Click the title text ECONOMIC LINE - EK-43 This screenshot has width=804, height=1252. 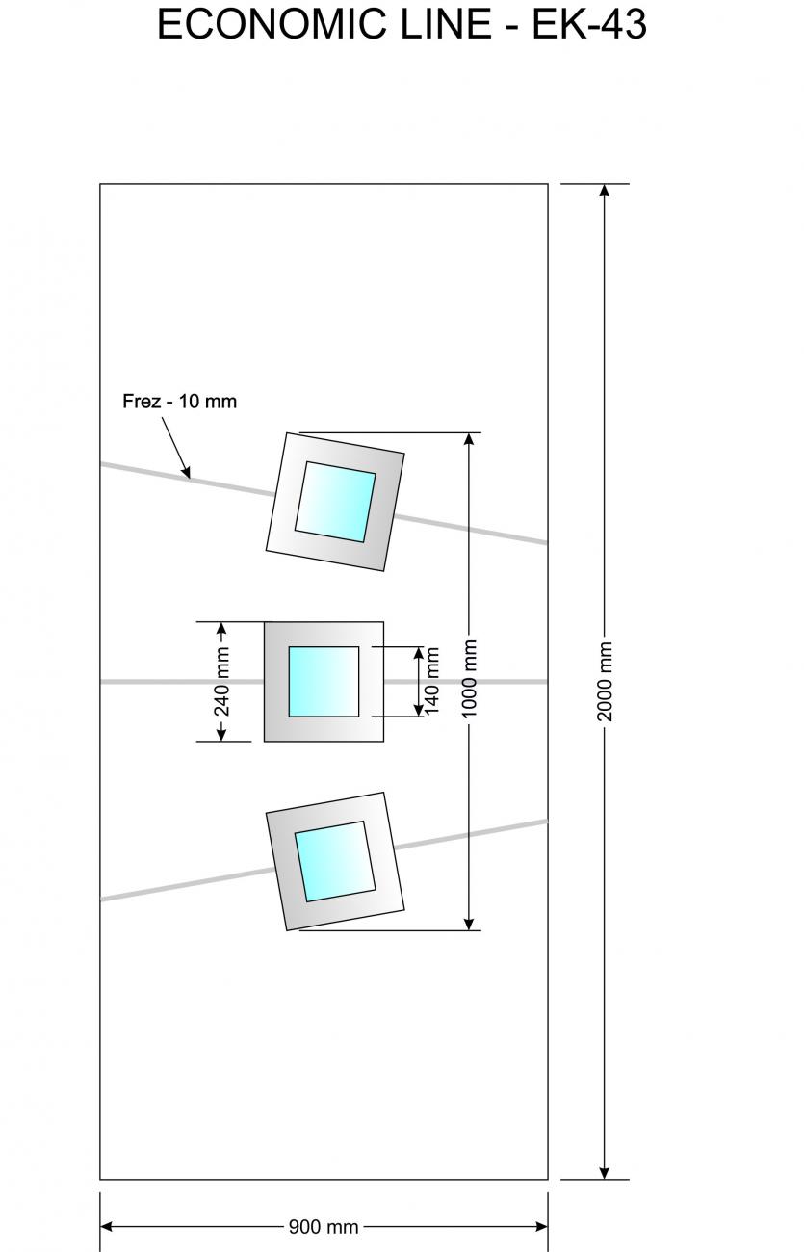(402, 25)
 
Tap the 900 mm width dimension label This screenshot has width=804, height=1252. (324, 1227)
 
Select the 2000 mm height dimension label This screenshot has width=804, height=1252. (605, 681)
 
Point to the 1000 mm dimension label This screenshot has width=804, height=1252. (470, 678)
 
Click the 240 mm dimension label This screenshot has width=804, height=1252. (222, 682)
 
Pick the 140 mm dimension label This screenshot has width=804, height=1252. (432, 681)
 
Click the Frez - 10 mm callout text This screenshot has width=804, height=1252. (179, 401)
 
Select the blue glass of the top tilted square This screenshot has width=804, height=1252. (334, 502)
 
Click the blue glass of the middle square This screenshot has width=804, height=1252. (324, 681)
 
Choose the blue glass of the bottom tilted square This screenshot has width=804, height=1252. (334, 861)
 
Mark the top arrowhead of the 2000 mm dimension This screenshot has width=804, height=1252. (605, 190)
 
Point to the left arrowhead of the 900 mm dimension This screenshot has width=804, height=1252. (107, 1227)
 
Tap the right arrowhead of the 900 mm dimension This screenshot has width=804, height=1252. (541, 1227)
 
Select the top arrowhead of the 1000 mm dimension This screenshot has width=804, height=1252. (470, 439)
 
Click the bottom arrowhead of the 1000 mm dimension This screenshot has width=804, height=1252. (470, 924)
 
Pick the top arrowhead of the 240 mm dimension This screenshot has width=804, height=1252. (222, 629)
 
